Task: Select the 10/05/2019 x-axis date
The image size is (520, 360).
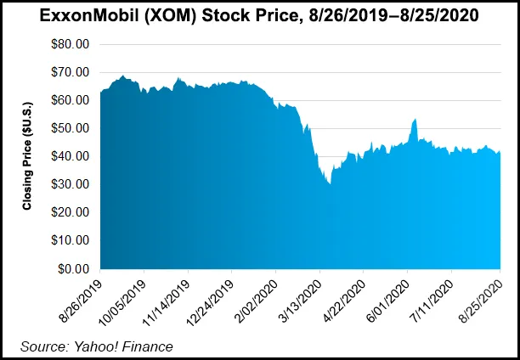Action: (123, 297)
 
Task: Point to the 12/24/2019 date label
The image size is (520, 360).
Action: (211, 297)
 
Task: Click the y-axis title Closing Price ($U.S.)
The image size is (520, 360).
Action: (28, 157)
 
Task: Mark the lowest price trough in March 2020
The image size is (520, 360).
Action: (330, 183)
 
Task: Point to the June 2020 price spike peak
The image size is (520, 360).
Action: (414, 120)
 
